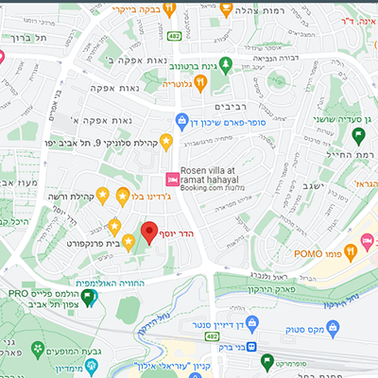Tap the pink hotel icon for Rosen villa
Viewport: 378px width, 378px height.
(172, 179)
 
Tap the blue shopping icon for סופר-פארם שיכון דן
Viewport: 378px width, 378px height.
(180, 121)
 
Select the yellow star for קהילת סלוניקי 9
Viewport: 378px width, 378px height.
(167, 142)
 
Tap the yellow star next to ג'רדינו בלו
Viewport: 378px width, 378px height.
(123, 195)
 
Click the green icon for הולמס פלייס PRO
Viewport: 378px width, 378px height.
(89, 299)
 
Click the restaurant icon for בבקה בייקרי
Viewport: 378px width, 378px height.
(169, 9)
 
